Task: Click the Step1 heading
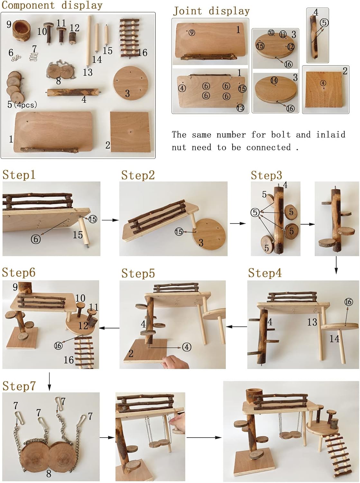19,175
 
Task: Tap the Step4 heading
265,273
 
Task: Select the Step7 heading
19,386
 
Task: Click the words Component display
52,5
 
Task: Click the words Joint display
211,11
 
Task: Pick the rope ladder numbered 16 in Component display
130,38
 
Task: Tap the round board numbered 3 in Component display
131,83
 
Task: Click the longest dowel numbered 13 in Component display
89,41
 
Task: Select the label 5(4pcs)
22,105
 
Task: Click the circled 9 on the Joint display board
192,33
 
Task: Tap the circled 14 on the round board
274,80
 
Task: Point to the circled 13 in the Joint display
240,108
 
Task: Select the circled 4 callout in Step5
187,347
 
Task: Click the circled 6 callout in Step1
36,239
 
